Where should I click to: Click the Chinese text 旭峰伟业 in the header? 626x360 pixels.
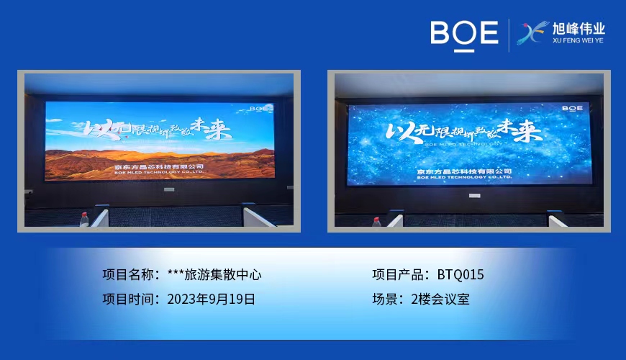[578, 29]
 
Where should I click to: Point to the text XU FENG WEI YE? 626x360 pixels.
[578, 42]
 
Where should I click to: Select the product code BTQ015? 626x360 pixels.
[461, 274]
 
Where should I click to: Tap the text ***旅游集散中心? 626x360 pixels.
[214, 274]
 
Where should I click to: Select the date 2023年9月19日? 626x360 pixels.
[211, 299]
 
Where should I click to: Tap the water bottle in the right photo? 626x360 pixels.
[376, 220]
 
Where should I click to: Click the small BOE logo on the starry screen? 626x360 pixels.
[572, 108]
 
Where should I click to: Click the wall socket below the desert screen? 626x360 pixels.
[169, 189]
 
